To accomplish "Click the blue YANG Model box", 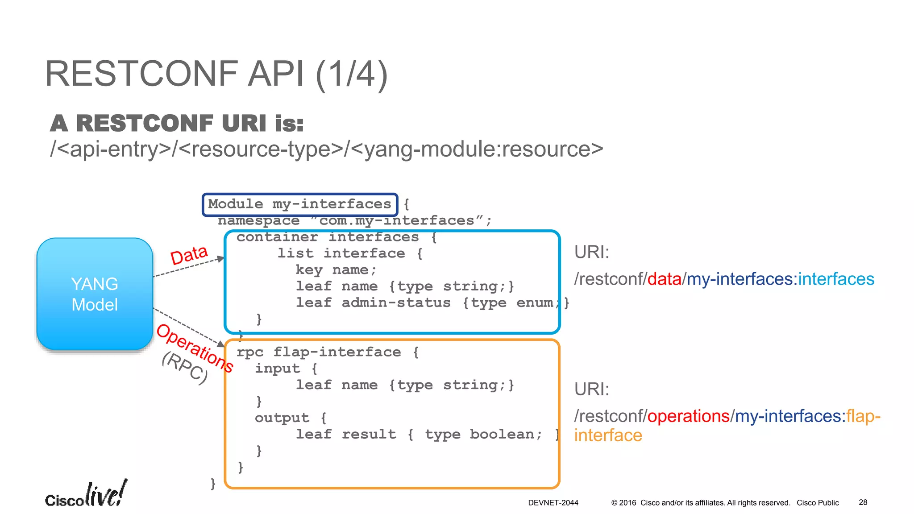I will tap(95, 294).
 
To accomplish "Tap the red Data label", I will tap(189, 255).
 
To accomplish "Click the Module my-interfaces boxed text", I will tap(299, 204).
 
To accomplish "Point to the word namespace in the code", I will tap(258, 221).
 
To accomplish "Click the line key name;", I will tap(336, 270).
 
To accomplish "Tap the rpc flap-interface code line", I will tap(327, 352).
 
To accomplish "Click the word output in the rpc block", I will tap(282, 418).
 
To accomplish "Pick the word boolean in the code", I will tap(506, 435).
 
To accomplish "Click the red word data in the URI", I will tap(664, 279).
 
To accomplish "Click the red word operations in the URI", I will tap(688, 416).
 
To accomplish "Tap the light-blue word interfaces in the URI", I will tap(836, 279).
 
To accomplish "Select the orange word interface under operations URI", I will tap(608, 435).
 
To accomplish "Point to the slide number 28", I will tap(863, 502).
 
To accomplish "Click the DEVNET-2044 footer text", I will tap(553, 503).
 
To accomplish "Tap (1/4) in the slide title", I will tap(352, 74).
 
